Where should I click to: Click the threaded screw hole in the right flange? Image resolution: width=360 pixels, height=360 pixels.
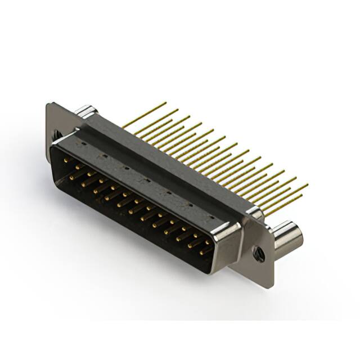[x=258, y=253]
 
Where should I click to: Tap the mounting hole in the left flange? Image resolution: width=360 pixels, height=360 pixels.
[x=56, y=135]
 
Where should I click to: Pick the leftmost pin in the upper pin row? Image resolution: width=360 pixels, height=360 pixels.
[x=67, y=161]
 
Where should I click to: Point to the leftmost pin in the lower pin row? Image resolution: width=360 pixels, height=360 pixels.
[x=72, y=177]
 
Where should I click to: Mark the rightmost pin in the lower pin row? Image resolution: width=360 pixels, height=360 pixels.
[x=201, y=252]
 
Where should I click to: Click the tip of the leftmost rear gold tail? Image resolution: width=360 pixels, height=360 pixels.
[x=165, y=103]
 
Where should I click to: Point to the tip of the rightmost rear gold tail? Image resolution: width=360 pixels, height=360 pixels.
[x=308, y=184]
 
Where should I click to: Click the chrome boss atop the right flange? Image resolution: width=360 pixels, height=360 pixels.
[x=254, y=212]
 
